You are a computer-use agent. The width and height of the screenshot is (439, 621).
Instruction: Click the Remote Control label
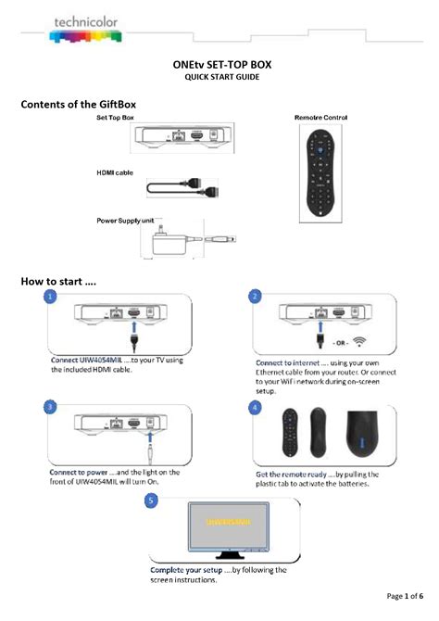(x=320, y=120)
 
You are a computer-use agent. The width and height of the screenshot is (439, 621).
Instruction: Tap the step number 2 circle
(x=256, y=298)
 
